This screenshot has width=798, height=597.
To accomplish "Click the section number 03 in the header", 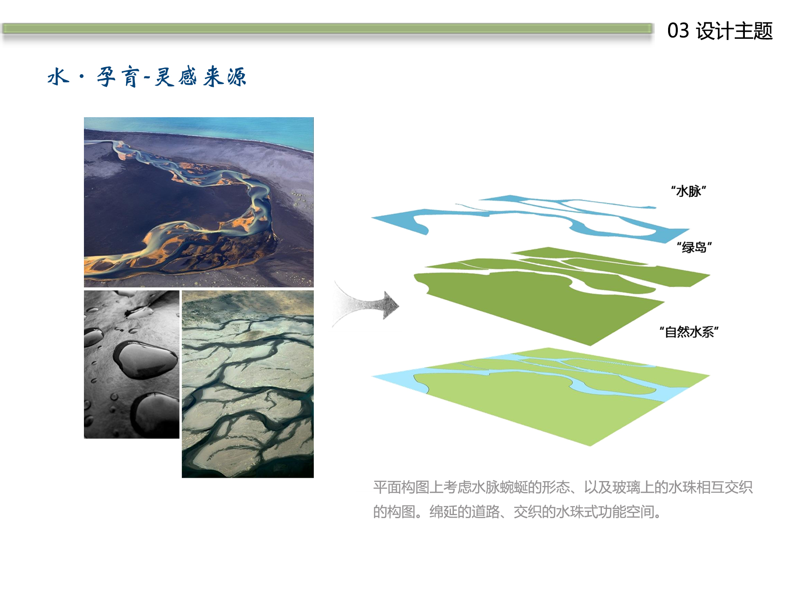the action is tap(678, 31).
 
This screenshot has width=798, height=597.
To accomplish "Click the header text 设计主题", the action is tap(734, 31).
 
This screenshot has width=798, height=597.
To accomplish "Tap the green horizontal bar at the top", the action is tap(327, 29).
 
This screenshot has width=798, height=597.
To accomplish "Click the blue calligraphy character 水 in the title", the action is tap(58, 77).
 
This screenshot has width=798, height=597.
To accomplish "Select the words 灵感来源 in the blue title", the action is tap(200, 77).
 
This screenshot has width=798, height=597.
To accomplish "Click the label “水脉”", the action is tap(688, 191).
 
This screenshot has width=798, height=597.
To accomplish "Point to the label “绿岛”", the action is tap(694, 247).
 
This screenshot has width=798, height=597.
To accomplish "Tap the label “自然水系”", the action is tap(689, 332).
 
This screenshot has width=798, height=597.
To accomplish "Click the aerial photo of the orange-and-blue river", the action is tap(199, 202).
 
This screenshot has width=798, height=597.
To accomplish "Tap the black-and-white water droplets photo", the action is tap(132, 365).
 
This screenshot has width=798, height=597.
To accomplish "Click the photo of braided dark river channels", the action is tap(248, 384).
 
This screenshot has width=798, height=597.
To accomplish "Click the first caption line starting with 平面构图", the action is tap(563, 487).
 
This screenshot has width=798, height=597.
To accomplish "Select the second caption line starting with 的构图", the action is tap(518, 512).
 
